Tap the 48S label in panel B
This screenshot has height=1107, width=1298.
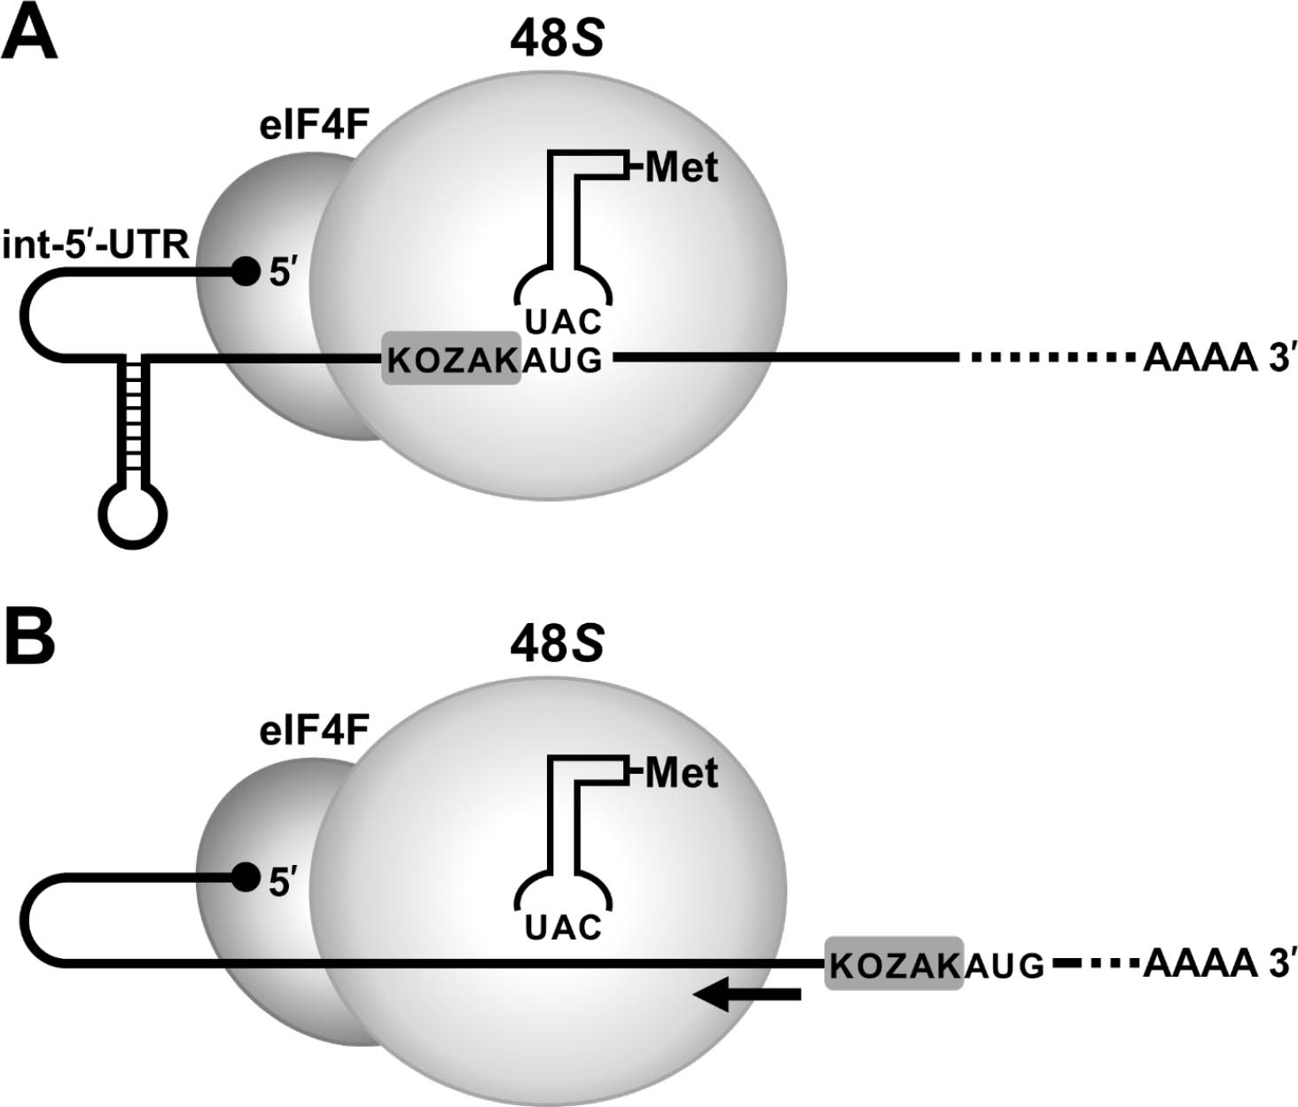556,643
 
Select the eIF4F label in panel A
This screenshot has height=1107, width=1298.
314,126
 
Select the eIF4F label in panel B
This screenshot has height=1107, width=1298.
314,732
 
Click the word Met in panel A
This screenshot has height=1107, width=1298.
681,167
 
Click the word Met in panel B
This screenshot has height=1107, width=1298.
681,773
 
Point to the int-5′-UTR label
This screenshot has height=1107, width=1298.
96,244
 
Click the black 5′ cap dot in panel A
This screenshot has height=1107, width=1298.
244,270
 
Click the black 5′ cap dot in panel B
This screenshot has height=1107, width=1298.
244,877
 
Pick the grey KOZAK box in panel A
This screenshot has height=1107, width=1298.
451,359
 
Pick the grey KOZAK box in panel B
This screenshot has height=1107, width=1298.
894,963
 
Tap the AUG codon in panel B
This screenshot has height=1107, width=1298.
1005,964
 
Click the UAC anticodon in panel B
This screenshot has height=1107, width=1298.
563,927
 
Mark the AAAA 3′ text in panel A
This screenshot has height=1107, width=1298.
1214,358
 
